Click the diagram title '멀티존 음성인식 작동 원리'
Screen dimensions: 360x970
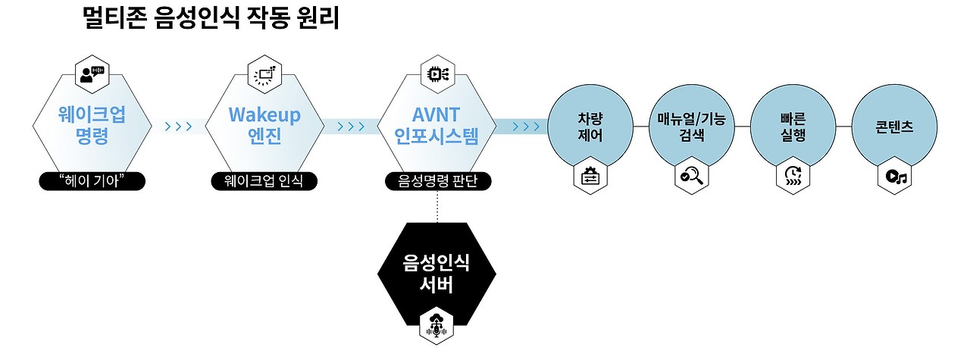click(x=211, y=18)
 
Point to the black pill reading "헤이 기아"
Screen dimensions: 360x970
click(x=92, y=181)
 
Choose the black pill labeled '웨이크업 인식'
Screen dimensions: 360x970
click(x=264, y=181)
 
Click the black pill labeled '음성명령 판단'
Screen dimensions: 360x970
click(x=436, y=181)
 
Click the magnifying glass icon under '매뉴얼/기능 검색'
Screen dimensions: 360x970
click(x=691, y=177)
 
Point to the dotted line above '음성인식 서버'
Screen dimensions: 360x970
click(x=437, y=206)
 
